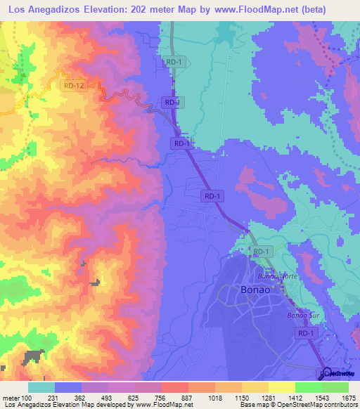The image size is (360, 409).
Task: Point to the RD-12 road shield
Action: tap(73, 86)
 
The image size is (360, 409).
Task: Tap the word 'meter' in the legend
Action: tap(13, 398)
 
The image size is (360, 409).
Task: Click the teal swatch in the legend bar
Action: tap(41, 387)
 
